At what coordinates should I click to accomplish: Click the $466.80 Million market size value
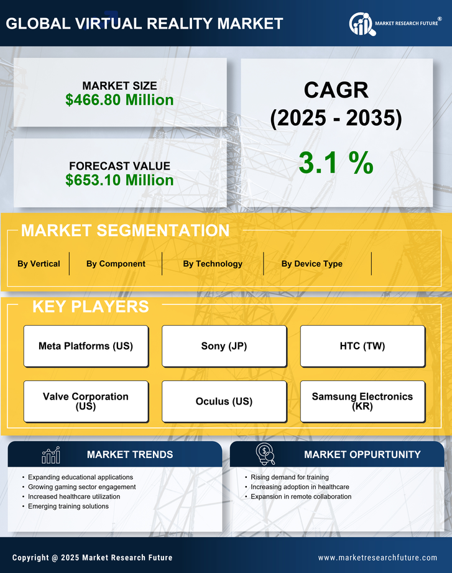coord(119,99)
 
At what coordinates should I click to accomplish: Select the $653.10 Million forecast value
coord(119,180)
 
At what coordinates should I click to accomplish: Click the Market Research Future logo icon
coord(361,24)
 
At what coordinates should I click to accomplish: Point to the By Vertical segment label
coord(39,264)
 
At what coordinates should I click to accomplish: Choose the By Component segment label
coord(116,264)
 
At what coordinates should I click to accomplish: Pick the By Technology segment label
coord(213,264)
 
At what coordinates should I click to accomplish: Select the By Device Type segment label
coord(311,264)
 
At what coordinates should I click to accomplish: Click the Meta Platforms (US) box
coord(86,346)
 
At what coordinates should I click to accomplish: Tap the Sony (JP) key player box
coord(224,346)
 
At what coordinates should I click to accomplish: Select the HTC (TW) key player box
coord(362,346)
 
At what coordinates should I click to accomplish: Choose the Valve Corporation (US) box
coord(86,401)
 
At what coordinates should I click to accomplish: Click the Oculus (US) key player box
coord(224,401)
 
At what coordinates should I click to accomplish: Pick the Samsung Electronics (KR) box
coord(362,401)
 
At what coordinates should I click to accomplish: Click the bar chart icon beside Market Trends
coord(50,455)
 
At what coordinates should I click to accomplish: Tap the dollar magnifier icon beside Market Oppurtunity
coord(265,454)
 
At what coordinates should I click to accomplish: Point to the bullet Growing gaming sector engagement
coord(81,487)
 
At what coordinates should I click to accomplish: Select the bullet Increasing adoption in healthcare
coord(300,487)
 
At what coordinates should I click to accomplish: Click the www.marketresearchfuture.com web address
coord(377,557)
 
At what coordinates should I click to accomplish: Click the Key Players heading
coord(90,306)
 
